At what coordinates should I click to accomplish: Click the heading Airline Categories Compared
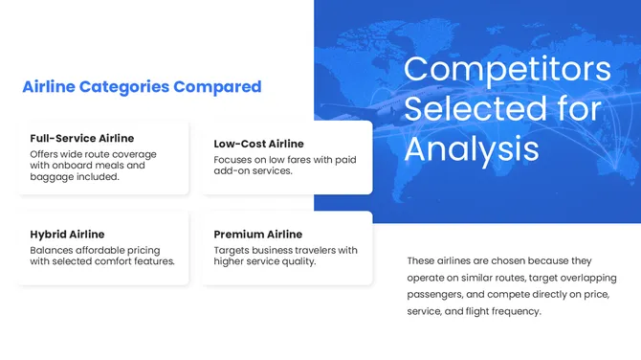coord(142,87)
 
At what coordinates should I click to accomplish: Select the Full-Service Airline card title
coord(82,138)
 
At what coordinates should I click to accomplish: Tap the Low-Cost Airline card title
coord(258,144)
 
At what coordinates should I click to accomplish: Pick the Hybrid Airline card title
coord(67,234)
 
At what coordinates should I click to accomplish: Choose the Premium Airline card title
coord(257,234)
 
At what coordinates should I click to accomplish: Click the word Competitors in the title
coord(507,69)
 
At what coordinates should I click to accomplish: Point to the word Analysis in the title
coord(471,148)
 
